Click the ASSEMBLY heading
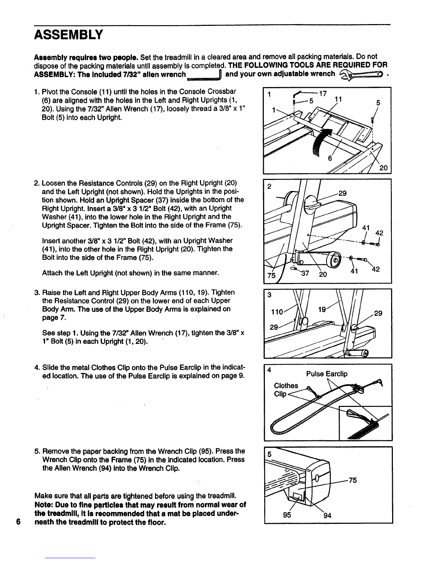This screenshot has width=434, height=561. [x=68, y=35]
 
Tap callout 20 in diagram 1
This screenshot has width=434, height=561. [x=383, y=168]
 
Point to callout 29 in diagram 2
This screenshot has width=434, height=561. [x=343, y=193]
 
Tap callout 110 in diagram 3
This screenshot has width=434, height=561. [x=277, y=312]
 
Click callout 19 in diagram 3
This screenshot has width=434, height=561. [x=322, y=309]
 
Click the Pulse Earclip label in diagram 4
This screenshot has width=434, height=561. [x=327, y=374]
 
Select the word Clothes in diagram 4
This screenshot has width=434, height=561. [x=286, y=386]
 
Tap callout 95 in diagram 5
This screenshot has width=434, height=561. [x=287, y=515]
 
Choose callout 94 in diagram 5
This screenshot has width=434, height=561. [x=327, y=515]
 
